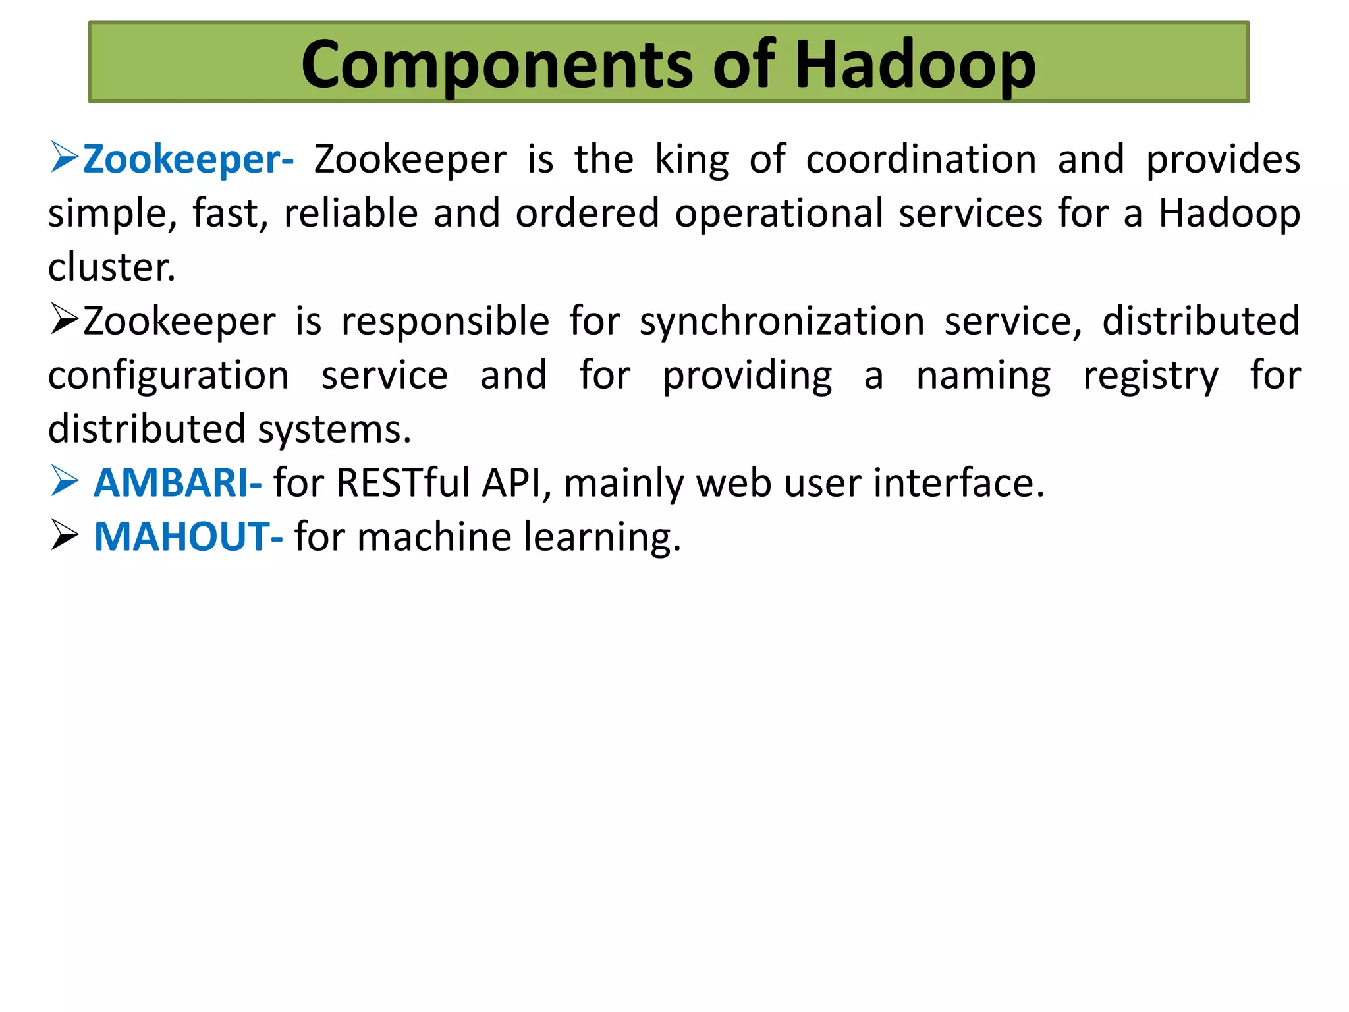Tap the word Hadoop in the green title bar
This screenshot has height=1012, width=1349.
pyautogui.click(x=915, y=65)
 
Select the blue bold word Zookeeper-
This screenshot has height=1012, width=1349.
pyautogui.click(x=188, y=159)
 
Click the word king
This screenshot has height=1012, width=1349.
pyautogui.click(x=692, y=159)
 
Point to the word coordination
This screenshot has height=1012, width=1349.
pyautogui.click(x=921, y=159)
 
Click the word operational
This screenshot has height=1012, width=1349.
pyautogui.click(x=779, y=213)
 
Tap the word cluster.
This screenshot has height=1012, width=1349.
pyautogui.click(x=111, y=267)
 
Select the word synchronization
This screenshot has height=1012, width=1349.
pyautogui.click(x=782, y=322)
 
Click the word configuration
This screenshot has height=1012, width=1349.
pyautogui.click(x=169, y=376)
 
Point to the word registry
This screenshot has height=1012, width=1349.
pyautogui.click(x=1151, y=376)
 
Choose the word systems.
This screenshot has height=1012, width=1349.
pyautogui.click(x=334, y=430)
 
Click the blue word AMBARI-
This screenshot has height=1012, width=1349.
pyautogui.click(x=177, y=483)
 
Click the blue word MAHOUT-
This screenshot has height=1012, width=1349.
pyautogui.click(x=188, y=537)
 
